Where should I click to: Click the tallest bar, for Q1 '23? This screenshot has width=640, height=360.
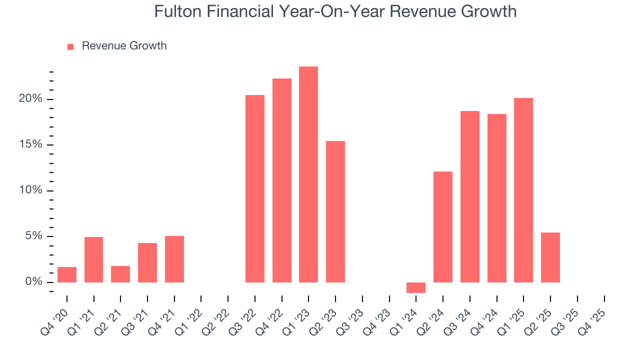coord(308,174)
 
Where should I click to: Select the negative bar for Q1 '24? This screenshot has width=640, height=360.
coord(416,287)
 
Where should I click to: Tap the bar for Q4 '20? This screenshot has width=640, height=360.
coord(67,274)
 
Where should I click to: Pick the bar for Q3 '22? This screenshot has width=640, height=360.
coord(255,188)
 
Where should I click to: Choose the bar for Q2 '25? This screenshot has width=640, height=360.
coord(550,257)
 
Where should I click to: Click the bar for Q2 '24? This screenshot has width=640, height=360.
coord(443,227)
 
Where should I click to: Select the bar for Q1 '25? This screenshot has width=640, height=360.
coord(523,190)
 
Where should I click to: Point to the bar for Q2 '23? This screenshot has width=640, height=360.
coord(335,211)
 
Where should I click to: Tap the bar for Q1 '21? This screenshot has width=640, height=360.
coord(94,259)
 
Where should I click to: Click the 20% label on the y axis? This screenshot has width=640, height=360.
coord(30,99)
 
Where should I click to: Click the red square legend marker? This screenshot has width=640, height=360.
coord(70,46)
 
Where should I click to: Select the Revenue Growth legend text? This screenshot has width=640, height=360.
coord(124,46)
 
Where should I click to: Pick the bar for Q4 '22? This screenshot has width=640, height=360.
coord(282,180)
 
